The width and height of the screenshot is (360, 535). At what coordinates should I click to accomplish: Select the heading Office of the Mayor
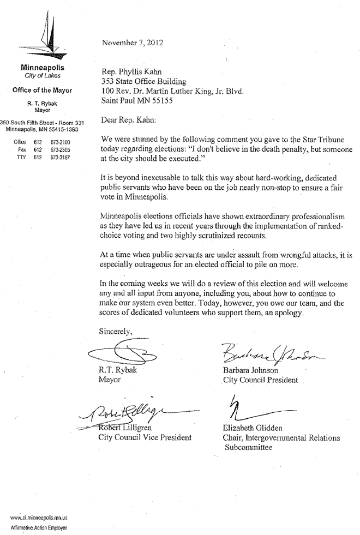tap(42, 90)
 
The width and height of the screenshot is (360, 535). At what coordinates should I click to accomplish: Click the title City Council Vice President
tap(145, 437)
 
